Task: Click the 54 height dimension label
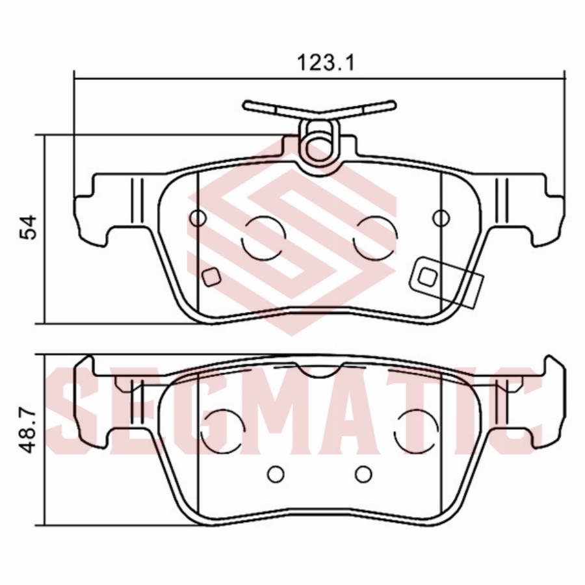click(x=29, y=227)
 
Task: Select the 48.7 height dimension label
click(x=29, y=431)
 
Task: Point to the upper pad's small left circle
click(x=198, y=218)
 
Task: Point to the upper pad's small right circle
click(x=441, y=218)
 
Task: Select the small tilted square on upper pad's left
click(x=211, y=277)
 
